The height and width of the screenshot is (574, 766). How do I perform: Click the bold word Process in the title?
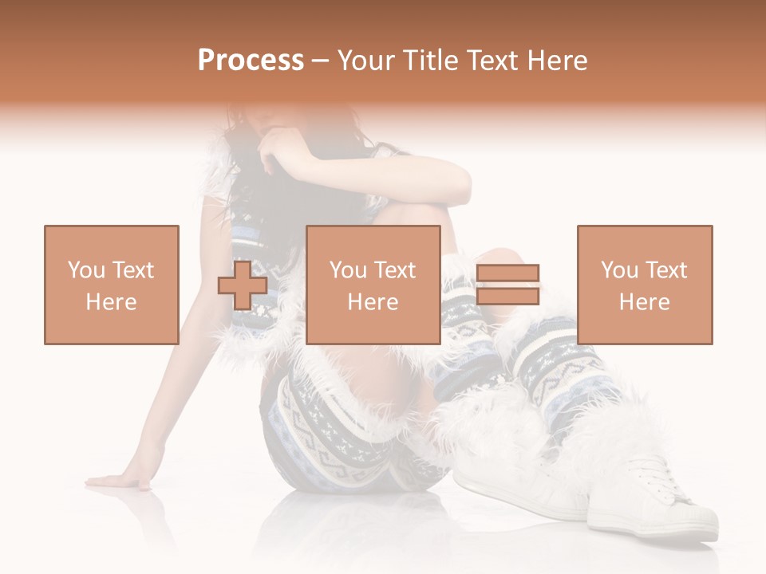(251, 61)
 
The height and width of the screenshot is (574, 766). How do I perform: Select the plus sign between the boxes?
(243, 285)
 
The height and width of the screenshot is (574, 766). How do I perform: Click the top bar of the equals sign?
(507, 273)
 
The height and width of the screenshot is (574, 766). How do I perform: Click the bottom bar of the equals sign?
(507, 296)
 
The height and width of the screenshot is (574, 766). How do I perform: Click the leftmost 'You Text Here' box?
(111, 285)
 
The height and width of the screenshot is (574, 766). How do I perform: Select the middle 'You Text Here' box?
(373, 285)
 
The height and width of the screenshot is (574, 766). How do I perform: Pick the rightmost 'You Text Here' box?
(644, 285)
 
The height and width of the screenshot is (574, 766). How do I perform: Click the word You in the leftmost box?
(86, 269)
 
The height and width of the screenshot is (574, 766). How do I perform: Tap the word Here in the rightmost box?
(644, 301)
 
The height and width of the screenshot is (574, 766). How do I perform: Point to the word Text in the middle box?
(395, 269)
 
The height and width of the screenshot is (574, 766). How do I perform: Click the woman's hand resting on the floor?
(120, 480)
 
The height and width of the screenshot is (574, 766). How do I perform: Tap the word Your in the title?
(368, 61)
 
